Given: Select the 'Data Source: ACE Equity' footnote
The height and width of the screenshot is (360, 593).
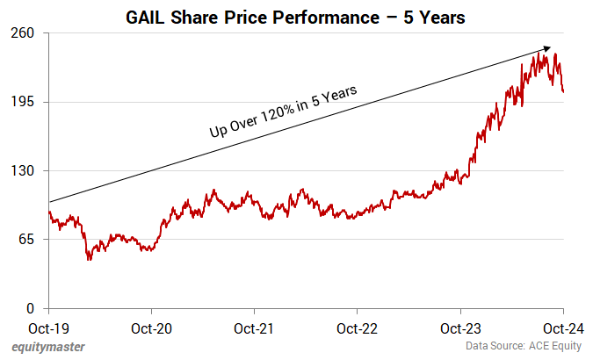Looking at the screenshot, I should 524,347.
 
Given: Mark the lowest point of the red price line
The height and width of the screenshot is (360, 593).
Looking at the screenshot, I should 90,260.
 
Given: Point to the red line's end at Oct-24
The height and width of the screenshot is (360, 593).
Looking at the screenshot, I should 562,91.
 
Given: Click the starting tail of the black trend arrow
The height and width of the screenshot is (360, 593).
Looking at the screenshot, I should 50,203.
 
